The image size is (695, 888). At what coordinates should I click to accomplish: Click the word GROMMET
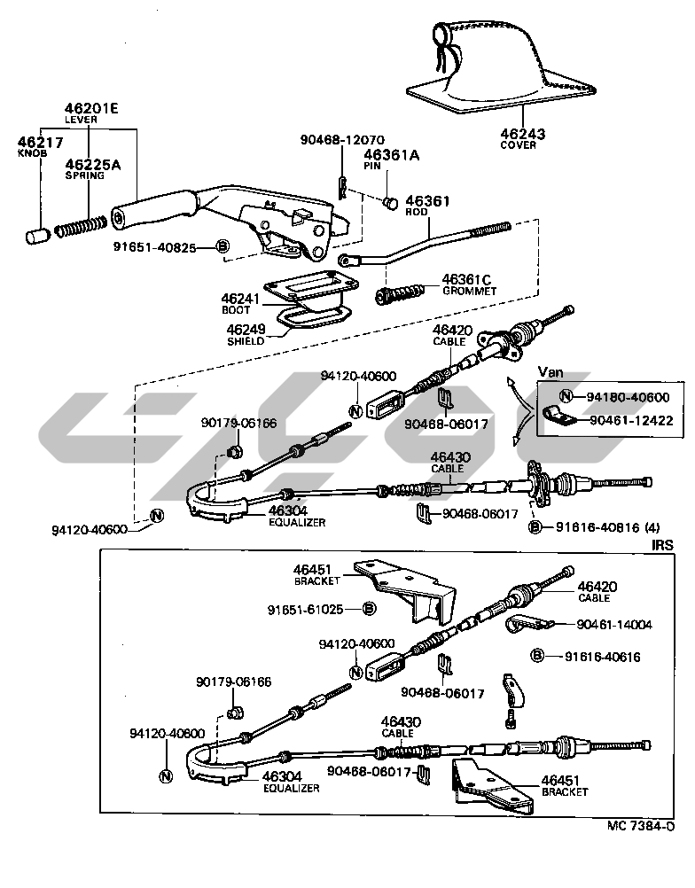click(x=469, y=291)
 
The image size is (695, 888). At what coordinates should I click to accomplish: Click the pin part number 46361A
click(x=391, y=155)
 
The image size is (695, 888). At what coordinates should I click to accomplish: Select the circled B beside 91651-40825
click(x=223, y=246)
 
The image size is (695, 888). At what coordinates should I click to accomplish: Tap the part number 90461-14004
click(x=613, y=625)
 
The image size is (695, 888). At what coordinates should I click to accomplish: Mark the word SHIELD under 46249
click(x=246, y=340)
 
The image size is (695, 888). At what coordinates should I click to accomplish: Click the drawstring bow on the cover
click(x=442, y=43)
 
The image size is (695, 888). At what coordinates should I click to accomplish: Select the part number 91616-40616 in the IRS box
click(x=602, y=657)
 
